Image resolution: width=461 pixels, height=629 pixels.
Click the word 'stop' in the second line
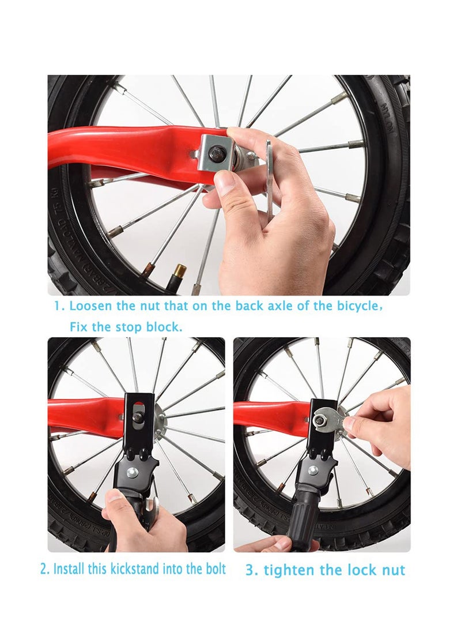point(128,327)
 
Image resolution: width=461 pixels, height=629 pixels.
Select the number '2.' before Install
point(45,569)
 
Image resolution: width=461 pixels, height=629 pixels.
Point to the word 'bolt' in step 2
point(214,569)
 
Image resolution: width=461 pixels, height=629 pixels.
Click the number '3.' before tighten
point(252,571)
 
